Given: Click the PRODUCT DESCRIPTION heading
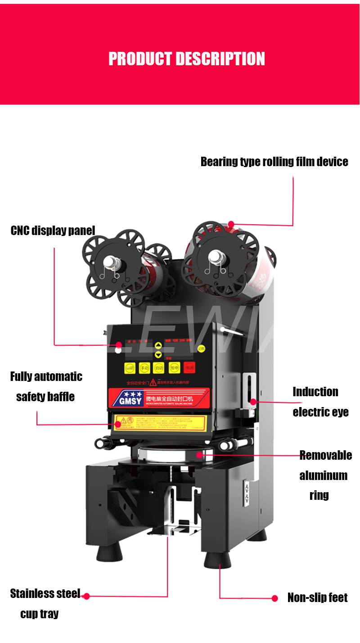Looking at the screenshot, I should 187,59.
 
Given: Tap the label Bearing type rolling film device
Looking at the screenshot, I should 274,162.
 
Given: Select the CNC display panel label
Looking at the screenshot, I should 53,231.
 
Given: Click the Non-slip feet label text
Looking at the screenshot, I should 317,598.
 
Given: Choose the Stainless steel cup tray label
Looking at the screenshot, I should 45,603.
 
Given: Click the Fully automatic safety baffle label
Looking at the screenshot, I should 46,386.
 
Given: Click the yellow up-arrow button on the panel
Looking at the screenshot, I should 158,346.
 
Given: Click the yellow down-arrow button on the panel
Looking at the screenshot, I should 158,354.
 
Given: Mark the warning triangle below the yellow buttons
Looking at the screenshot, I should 153,382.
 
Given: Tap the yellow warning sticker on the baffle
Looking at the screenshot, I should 159,423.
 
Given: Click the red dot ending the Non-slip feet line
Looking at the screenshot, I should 274,598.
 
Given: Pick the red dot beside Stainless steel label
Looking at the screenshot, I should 86,596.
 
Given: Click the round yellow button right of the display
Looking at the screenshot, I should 201,348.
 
